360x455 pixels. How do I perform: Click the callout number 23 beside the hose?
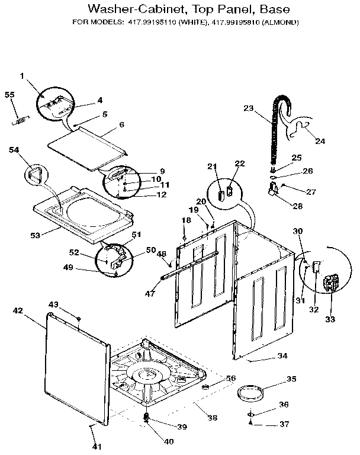tap(248, 108)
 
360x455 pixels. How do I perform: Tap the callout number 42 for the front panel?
tap(18, 310)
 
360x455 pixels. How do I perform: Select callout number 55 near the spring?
tap(9, 95)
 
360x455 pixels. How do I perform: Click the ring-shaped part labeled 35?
tap(249, 393)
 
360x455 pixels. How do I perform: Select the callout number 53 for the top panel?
tap(35, 235)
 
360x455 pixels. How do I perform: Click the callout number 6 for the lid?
tap(121, 125)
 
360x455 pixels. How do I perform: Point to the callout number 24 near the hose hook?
tap(320, 141)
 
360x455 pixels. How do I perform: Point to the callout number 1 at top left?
tap(22, 76)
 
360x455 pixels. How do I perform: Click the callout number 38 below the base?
tap(212, 417)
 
